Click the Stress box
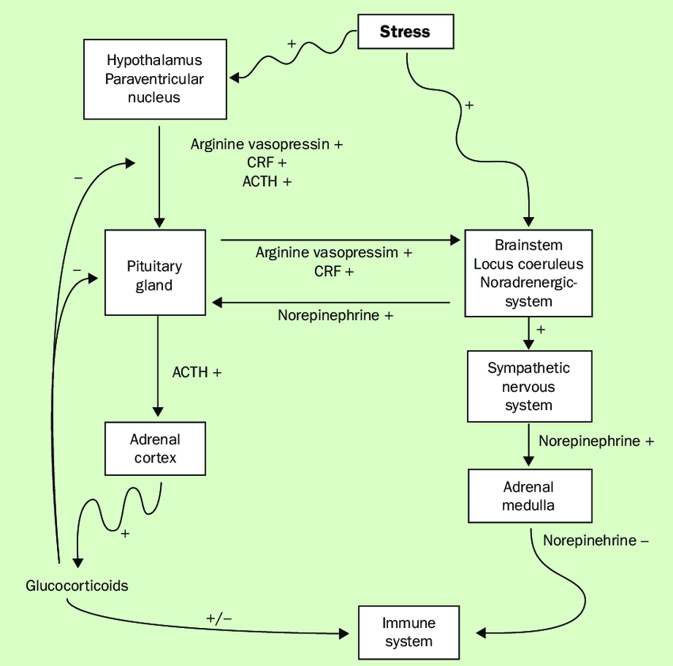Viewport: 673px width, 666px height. pos(405,32)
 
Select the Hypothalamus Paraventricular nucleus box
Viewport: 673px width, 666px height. pos(154,79)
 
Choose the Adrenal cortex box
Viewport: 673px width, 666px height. pos(154,448)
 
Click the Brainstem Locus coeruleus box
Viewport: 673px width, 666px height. pos(528,272)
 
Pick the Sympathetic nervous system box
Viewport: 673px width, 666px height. pos(528,386)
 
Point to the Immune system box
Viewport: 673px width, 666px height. pos(409,632)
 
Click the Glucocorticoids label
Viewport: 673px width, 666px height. pos(77,586)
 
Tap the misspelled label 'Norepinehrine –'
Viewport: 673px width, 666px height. pos(595,541)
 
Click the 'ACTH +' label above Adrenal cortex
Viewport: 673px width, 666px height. pos(196,371)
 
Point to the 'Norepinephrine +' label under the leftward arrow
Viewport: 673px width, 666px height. pos(335,315)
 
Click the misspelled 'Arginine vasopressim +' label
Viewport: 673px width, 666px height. pos(333,253)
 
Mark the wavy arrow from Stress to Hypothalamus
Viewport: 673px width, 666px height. pos(293,57)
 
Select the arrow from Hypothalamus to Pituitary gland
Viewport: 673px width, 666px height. pos(159,174)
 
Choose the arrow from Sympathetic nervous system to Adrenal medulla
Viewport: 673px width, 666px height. pos(528,445)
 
